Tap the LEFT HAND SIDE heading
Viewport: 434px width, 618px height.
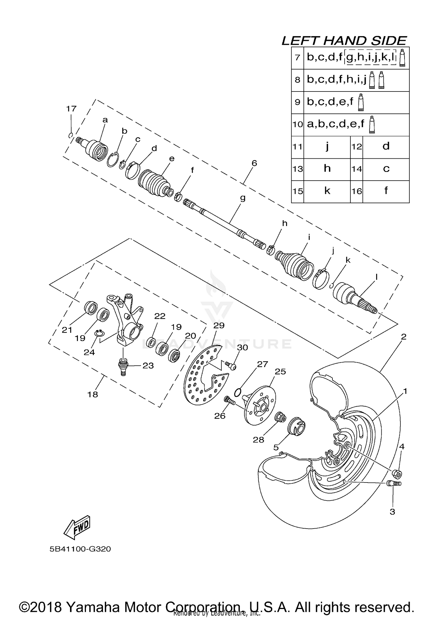pos(344,41)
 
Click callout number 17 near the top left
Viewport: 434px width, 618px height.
pos(71,109)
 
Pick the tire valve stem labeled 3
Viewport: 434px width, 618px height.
pos(394,483)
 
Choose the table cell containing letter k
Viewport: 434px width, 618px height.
pos(327,191)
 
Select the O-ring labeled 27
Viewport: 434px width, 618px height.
pos(237,392)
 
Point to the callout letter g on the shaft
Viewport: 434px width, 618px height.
pos(243,198)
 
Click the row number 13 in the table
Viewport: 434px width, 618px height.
pos(297,169)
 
